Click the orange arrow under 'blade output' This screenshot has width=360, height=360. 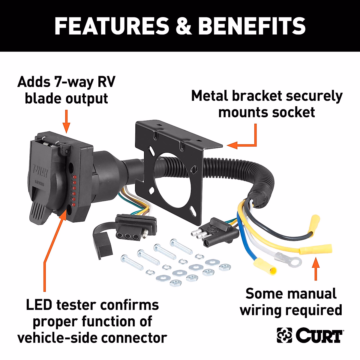(x=67, y=121)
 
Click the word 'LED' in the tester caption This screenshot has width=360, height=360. (x=39, y=305)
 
